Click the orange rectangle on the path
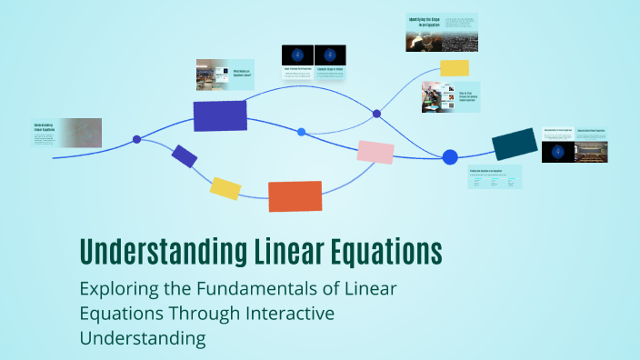pyautogui.click(x=295, y=196)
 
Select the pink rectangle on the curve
pyautogui.click(x=375, y=152)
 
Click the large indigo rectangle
pyautogui.click(x=220, y=116)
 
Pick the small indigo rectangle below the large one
pyautogui.click(x=185, y=156)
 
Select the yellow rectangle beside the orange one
pyautogui.click(x=225, y=188)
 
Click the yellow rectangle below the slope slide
pyautogui.click(x=455, y=67)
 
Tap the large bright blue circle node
pyautogui.click(x=450, y=157)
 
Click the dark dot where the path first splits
pyautogui.click(x=137, y=139)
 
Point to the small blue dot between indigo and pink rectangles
pyautogui.click(x=302, y=132)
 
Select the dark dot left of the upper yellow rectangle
pyautogui.click(x=376, y=114)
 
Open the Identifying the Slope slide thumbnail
pyautogui.click(x=441, y=33)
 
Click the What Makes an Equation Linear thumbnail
pyautogui.click(x=225, y=75)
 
